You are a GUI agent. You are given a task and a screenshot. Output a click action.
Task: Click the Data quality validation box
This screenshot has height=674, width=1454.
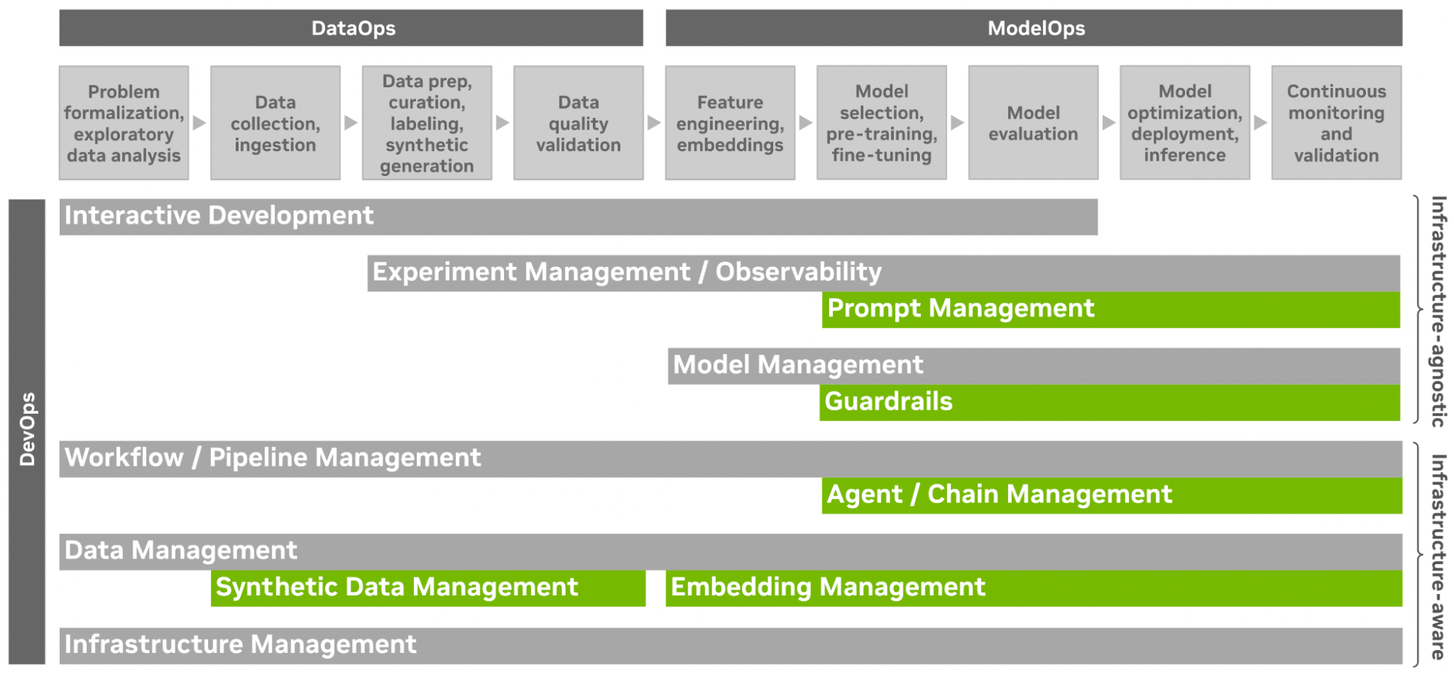coord(578,123)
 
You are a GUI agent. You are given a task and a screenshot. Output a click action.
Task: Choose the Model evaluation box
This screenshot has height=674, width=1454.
coord(1033,123)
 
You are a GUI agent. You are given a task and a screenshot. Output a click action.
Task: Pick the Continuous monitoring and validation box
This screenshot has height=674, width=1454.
coord(1336,123)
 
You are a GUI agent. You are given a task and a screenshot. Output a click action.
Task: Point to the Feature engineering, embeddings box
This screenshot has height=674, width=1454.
coord(730,123)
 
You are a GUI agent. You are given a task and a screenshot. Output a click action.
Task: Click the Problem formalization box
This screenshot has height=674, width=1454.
coord(124,123)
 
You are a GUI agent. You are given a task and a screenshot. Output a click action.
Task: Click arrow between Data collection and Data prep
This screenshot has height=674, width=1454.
coord(351,123)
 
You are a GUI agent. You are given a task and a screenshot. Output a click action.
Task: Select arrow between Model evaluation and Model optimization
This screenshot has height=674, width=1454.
coord(1109,123)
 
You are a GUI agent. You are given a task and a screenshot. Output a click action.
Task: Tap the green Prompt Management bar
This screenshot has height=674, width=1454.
coord(1111,310)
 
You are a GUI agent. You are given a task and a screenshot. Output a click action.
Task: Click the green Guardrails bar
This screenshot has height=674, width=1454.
coord(1109,403)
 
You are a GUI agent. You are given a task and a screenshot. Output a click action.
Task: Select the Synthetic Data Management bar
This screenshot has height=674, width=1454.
coord(428,588)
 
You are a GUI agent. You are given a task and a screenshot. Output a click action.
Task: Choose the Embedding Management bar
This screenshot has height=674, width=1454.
coord(1034,588)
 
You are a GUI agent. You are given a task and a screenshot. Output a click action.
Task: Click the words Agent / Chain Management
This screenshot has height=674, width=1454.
coord(999,495)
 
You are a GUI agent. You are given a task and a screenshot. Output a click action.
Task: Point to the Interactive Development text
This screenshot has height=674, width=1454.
coord(219,216)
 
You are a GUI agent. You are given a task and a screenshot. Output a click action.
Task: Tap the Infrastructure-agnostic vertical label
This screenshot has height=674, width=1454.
coord(1438,311)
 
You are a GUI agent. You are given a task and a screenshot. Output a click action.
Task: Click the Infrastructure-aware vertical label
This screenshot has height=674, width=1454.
coord(1438,556)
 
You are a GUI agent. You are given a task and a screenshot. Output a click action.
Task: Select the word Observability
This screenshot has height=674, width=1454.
coord(798,272)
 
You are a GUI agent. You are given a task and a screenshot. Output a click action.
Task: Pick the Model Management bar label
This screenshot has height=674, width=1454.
coord(798,365)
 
